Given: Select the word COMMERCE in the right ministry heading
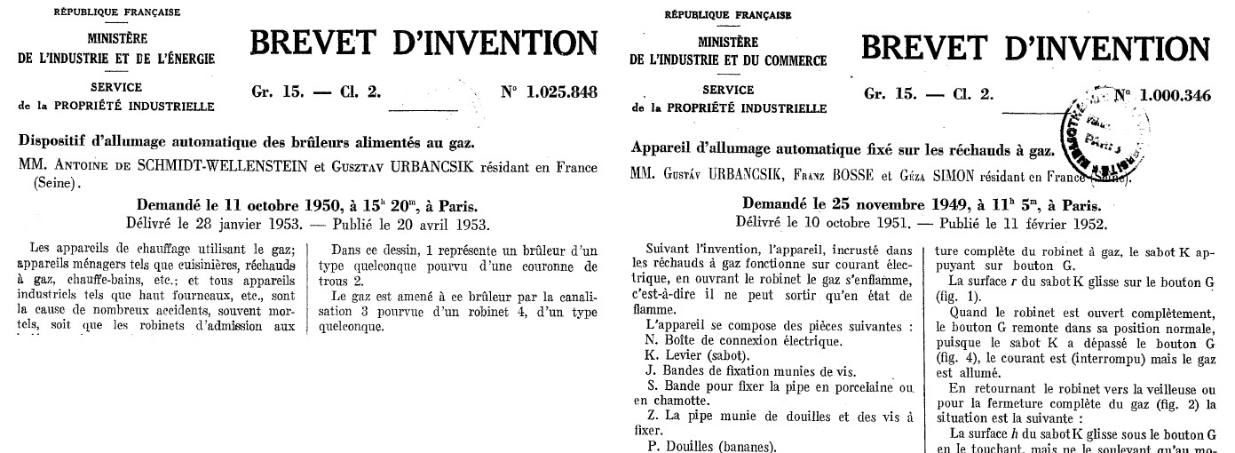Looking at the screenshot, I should coord(789,61).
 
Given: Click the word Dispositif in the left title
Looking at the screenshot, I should coord(55,143).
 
